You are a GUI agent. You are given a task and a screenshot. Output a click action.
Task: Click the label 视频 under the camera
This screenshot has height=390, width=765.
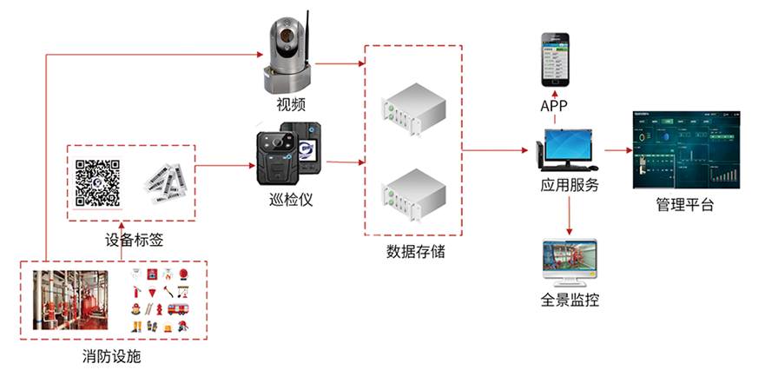coord(291,106)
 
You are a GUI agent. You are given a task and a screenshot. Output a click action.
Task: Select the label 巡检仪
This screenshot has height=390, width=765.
coord(291,199)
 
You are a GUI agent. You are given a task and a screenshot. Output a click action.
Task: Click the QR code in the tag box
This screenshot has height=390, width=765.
coord(96,182)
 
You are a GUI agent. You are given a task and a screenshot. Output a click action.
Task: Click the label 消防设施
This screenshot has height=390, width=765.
coord(111,356)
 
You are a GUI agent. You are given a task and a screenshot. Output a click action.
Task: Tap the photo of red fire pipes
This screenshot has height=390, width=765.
coord(70,300)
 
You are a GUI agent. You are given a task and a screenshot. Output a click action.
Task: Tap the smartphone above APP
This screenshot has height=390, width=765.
coord(556,59)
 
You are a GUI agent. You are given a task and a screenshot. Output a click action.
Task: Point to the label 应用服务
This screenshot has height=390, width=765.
coord(569,185)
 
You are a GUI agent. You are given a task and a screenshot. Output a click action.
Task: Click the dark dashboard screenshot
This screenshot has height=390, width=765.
coord(685,149)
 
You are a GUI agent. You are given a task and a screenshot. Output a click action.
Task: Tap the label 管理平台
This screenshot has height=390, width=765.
coord(685,206)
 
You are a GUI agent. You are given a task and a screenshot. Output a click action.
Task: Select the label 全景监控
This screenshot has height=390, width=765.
coord(569,301)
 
